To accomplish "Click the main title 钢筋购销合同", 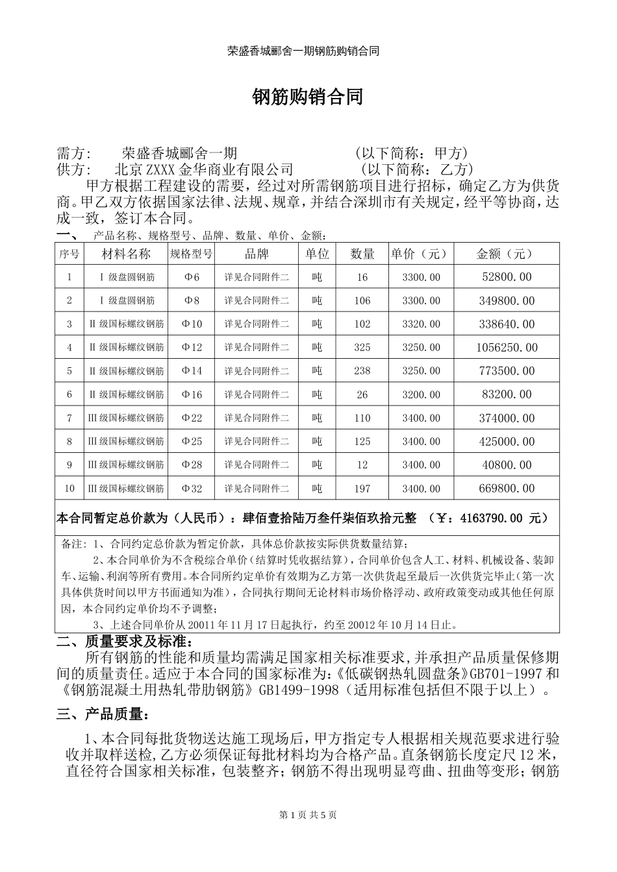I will click(x=307, y=97).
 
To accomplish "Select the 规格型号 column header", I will click(x=191, y=254).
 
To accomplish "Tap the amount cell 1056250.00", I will click(x=507, y=348).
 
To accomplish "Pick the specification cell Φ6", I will click(x=191, y=278).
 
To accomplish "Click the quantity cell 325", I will click(x=362, y=348).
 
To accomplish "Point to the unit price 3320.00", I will click(x=421, y=324).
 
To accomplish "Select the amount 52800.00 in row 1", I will click(x=507, y=278).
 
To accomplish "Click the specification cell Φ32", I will click(x=192, y=489).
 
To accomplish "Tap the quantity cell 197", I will click(x=362, y=489).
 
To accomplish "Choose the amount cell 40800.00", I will click(x=507, y=465).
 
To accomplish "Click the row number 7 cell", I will click(x=69, y=418).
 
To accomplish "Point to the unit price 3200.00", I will click(x=421, y=394).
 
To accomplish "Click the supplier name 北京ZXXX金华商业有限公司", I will click(x=204, y=170).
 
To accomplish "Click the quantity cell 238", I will click(x=362, y=371).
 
